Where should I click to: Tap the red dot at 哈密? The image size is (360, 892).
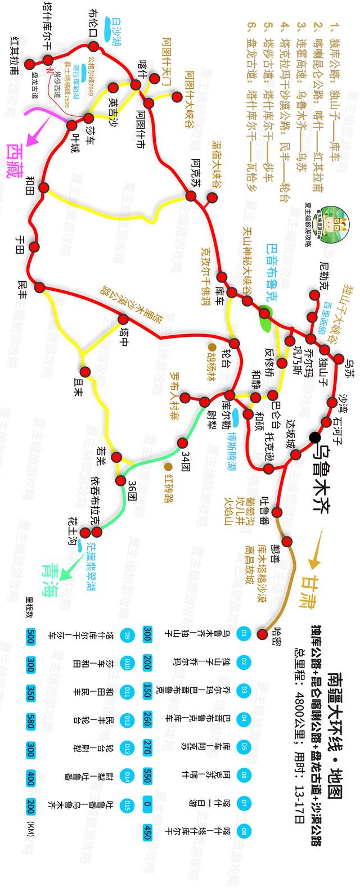[262, 634]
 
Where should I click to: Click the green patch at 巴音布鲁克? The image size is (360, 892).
[265, 313]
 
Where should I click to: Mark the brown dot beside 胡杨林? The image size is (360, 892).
[213, 346]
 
